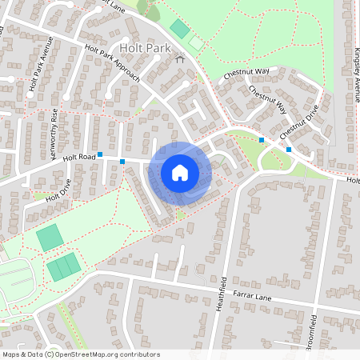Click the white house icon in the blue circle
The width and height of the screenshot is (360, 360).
[x=180, y=172]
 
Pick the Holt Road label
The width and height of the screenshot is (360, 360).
[x=79, y=158]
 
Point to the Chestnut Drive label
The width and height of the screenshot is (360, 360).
[x=300, y=121]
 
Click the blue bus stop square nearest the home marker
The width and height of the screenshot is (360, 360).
[x=122, y=162]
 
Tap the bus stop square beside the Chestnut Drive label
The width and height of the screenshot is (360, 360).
[x=289, y=149]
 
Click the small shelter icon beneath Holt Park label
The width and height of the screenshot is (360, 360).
[x=179, y=58]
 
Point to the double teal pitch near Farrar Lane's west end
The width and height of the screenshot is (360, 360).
[x=63, y=266]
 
